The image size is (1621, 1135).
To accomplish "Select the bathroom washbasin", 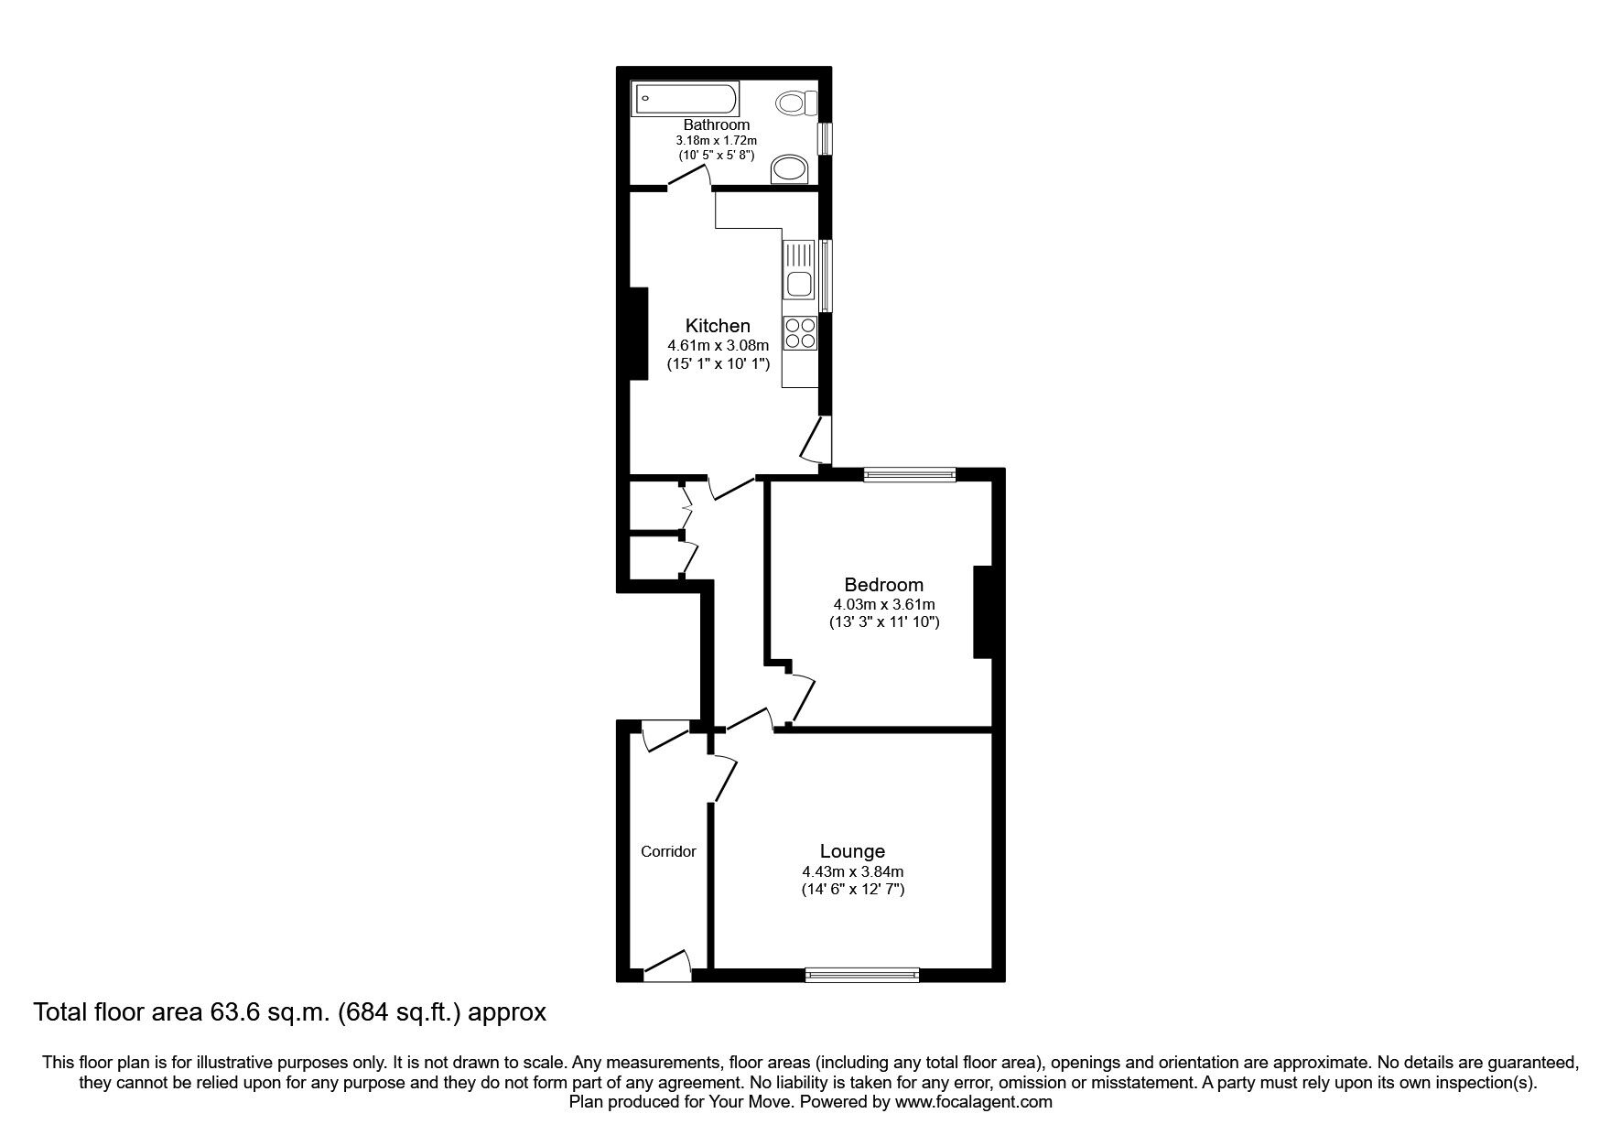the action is (x=790, y=169).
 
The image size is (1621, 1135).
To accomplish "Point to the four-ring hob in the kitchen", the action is (x=800, y=332).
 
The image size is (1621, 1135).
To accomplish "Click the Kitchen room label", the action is (x=719, y=326).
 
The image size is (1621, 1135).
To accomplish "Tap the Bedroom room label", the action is (x=883, y=585).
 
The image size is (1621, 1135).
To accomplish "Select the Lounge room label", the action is (x=852, y=852).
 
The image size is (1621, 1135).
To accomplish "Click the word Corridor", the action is (x=668, y=851).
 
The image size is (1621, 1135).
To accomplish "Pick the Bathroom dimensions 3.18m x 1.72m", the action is (x=717, y=140).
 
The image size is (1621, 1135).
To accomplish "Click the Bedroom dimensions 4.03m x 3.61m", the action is (x=883, y=605).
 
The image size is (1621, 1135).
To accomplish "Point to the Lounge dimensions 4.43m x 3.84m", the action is (x=852, y=872).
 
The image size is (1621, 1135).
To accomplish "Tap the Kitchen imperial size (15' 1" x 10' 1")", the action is (x=719, y=363).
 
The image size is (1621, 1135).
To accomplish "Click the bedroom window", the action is (x=910, y=474).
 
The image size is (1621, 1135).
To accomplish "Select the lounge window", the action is (x=862, y=976).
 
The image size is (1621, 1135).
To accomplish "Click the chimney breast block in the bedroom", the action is (x=983, y=612).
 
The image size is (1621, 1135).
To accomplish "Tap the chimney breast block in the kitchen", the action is (x=638, y=333).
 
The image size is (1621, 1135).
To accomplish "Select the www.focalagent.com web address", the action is (x=974, y=1102).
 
